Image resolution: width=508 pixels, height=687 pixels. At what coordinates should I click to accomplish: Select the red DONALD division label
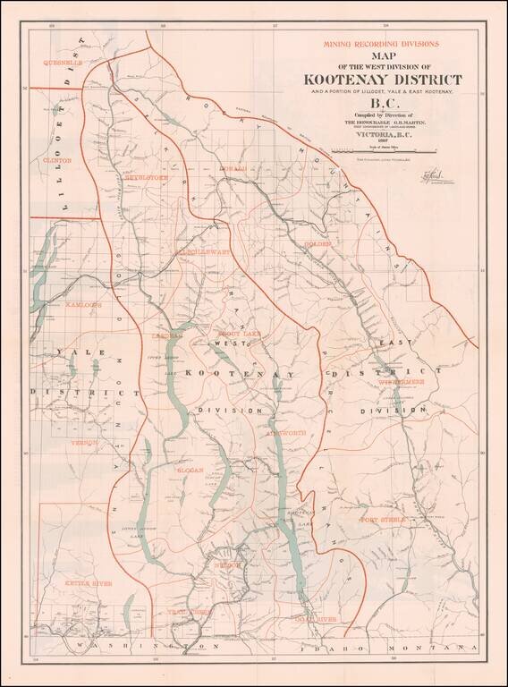(x=232, y=168)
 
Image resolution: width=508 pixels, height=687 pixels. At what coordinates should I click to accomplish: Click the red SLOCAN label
(x=190, y=469)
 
